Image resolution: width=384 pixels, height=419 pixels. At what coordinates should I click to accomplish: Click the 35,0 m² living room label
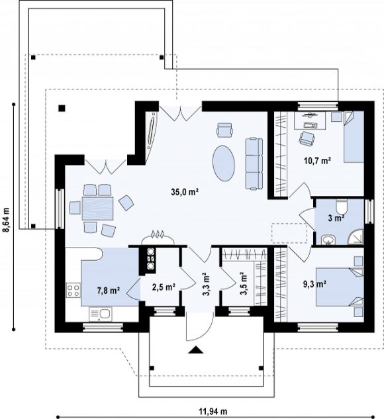(x=184, y=191)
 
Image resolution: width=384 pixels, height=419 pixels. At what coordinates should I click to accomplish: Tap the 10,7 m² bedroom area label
(x=317, y=161)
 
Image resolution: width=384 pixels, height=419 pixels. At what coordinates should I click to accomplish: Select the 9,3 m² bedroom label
(x=314, y=284)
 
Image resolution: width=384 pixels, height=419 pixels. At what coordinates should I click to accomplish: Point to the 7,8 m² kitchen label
(x=108, y=291)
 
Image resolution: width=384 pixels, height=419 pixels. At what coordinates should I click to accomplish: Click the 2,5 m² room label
(x=164, y=287)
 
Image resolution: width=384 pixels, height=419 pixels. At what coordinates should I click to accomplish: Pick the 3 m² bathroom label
(x=336, y=218)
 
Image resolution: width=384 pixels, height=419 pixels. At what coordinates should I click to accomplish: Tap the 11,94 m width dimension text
(x=213, y=410)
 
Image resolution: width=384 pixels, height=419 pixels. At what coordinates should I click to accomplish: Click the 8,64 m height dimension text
(x=7, y=220)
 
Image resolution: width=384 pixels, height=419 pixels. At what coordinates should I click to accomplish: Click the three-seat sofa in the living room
(x=254, y=163)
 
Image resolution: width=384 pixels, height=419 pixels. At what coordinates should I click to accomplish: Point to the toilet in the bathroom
(x=342, y=206)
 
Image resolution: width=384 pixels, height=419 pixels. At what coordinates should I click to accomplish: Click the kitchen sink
(x=101, y=314)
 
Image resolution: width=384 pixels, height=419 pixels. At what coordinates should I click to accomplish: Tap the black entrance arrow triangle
(x=196, y=350)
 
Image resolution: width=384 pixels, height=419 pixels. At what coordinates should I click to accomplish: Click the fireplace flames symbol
(x=158, y=234)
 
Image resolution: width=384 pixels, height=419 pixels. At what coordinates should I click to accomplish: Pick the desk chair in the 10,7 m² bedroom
(x=307, y=139)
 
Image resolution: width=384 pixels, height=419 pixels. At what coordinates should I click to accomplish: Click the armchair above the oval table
(x=224, y=130)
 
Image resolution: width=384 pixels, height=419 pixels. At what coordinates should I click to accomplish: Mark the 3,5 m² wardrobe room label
(x=244, y=284)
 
